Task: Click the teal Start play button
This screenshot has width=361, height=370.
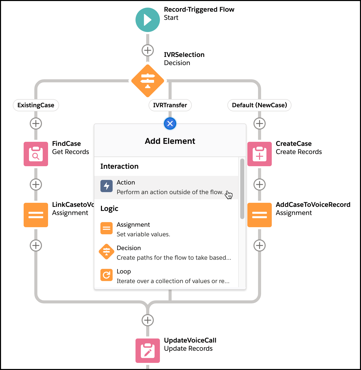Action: click(148, 20)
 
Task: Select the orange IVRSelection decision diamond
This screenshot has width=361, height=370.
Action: click(148, 81)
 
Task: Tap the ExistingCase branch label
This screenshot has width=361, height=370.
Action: click(36, 105)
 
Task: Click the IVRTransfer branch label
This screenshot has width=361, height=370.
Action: click(170, 105)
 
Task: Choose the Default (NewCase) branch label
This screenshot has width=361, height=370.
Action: click(259, 105)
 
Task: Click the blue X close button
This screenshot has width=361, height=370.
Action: click(170, 124)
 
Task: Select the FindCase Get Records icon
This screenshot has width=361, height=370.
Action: click(36, 154)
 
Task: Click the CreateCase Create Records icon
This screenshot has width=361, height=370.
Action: click(259, 154)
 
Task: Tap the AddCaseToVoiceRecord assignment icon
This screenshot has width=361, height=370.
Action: click(259, 215)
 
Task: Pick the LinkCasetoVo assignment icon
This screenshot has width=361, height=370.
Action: click(36, 215)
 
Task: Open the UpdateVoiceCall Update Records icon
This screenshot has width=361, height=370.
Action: click(148, 351)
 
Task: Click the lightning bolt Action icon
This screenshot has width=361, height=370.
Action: click(107, 186)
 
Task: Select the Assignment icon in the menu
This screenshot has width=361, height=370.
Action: click(107, 228)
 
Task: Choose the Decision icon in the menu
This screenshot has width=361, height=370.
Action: click(107, 252)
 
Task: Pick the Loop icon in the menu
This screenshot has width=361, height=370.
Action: click(107, 275)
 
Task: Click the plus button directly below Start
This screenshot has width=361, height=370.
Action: click(148, 50)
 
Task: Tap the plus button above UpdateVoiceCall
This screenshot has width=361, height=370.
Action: click(148, 320)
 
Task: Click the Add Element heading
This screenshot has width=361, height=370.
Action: click(170, 141)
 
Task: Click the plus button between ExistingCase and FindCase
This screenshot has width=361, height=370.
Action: click(36, 124)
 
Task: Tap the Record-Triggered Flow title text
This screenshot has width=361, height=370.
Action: click(199, 9)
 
